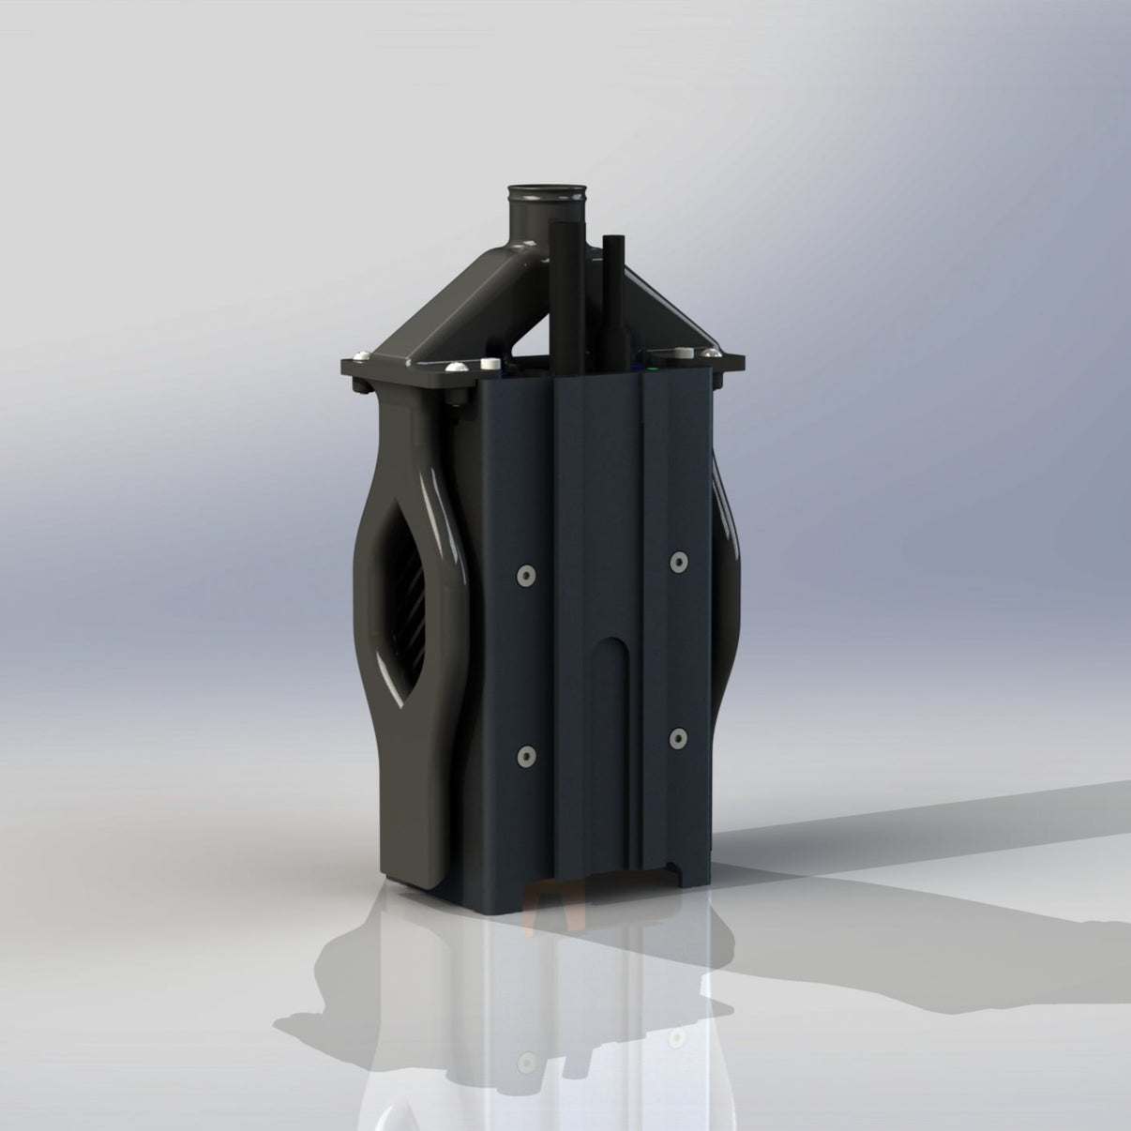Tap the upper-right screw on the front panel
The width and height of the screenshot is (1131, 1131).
(x=677, y=561)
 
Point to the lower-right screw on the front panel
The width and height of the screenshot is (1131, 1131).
(x=677, y=737)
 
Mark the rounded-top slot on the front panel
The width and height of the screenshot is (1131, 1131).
(x=616, y=713)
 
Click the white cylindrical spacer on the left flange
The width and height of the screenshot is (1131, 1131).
(x=489, y=362)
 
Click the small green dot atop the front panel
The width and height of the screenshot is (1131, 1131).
(x=651, y=370)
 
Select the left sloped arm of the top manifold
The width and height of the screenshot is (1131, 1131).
(x=441, y=300)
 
